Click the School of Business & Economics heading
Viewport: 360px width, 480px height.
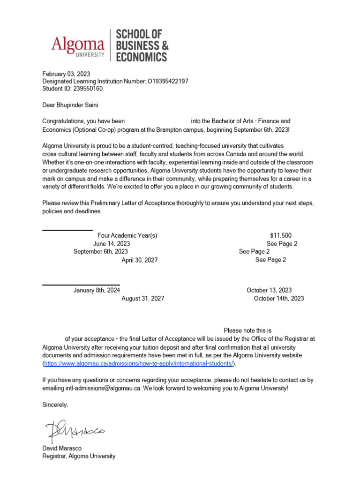(141, 45)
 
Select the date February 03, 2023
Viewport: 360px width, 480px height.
(66, 74)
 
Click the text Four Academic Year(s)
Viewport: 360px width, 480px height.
(127, 235)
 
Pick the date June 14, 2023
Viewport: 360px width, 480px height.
(112, 244)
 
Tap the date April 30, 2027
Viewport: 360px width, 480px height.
(140, 260)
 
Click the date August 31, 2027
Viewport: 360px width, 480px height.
(143, 299)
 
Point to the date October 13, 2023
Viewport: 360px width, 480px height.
(269, 290)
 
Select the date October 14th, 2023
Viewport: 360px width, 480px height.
(279, 299)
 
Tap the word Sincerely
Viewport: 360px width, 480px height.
(55, 404)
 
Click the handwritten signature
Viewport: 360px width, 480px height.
(76, 430)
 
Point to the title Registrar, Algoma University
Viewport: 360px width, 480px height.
(79, 456)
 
